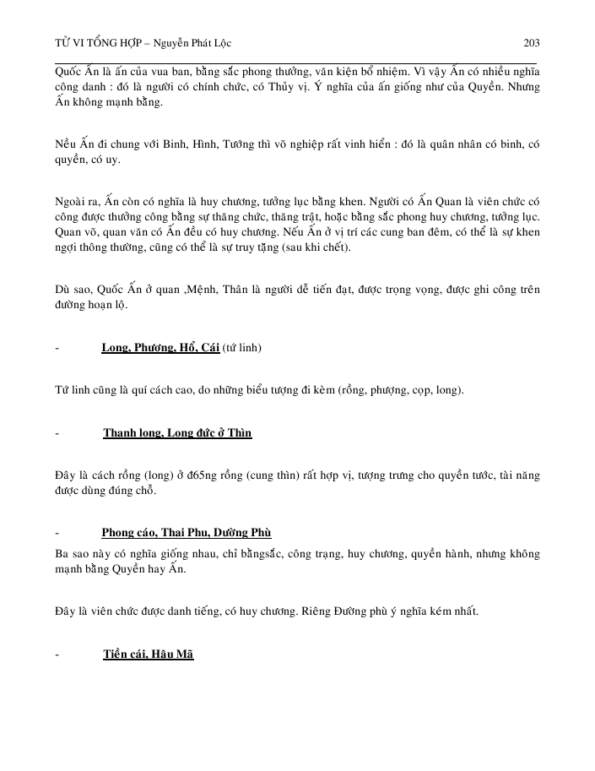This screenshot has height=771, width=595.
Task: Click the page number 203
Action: click(532, 43)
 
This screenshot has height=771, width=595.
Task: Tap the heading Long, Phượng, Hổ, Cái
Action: click(160, 348)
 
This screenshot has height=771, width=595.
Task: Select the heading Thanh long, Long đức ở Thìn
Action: click(177, 433)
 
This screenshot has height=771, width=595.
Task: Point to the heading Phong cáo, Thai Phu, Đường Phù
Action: click(186, 533)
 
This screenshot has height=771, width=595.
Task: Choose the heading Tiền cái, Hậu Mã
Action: click(149, 654)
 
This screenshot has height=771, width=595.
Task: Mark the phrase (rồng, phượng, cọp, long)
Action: click(398, 391)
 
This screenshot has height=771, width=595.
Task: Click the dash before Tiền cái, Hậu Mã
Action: click(56, 654)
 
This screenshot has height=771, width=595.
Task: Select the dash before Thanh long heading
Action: click(56, 434)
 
